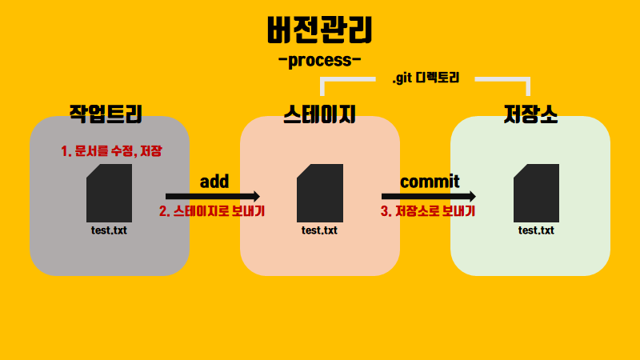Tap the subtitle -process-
[x=319, y=61]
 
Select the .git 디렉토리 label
[x=425, y=80]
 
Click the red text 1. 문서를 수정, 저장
[x=111, y=150]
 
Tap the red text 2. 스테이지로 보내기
[x=212, y=212]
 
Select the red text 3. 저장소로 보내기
[x=428, y=212]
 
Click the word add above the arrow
[x=214, y=182]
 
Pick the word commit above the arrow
[x=430, y=182]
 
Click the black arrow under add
[x=212, y=196]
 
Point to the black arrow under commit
[x=428, y=196]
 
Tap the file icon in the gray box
[x=109, y=193]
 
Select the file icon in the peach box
[x=320, y=193]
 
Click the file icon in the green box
[x=536, y=193]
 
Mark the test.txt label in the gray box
[x=109, y=230]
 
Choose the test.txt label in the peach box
[x=319, y=230]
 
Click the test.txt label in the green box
[x=536, y=230]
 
